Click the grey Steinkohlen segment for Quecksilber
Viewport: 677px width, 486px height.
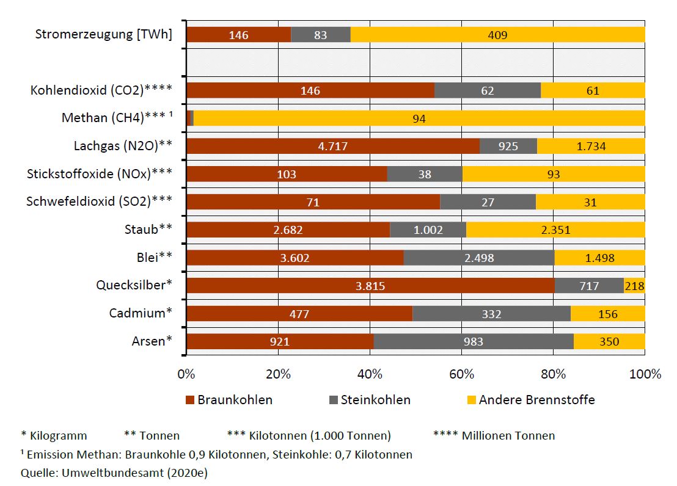[x=589, y=286]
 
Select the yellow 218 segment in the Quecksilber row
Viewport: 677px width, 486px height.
[x=634, y=286]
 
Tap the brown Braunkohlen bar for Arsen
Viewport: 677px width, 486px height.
[x=279, y=341]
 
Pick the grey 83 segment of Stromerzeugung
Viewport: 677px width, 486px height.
[x=320, y=35]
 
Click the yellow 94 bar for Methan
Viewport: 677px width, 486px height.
[x=419, y=118]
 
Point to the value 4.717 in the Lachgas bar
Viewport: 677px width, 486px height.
[x=332, y=147]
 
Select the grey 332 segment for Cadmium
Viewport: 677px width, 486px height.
[x=491, y=314]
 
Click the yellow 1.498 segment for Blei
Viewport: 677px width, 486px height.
[x=600, y=258]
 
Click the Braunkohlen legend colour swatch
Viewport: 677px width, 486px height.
[x=189, y=401]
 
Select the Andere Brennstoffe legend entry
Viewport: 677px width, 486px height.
[x=536, y=400]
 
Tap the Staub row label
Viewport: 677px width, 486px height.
[x=147, y=230]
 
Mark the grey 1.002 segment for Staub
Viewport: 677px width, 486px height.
[x=428, y=230]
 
